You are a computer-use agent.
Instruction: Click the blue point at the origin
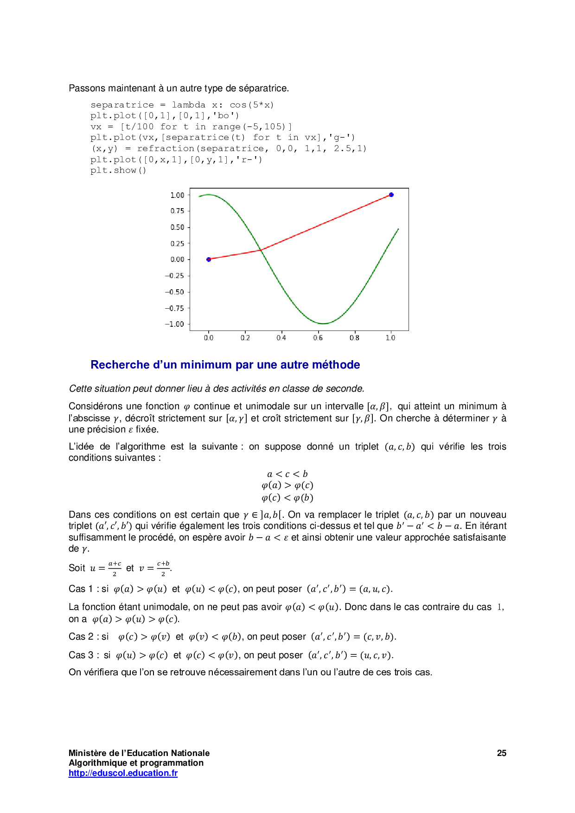[209, 259]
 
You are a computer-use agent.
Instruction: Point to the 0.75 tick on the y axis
[177, 211]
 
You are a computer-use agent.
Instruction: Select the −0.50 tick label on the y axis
[174, 292]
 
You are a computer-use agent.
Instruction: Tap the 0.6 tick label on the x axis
[318, 338]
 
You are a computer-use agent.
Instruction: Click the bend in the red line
[261, 250]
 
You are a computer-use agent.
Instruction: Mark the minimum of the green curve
[323, 324]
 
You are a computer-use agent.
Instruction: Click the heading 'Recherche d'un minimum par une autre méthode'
[225, 365]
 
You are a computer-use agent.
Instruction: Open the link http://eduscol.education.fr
[123, 773]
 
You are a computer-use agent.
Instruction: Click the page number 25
[501, 753]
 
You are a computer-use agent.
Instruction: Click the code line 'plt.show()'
[118, 170]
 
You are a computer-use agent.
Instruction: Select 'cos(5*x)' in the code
[252, 105]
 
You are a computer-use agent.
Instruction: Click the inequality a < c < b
[287, 474]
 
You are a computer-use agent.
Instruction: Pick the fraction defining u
[115, 568]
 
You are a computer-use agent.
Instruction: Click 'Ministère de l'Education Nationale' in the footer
[139, 753]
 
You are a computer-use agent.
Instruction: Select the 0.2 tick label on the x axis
[245, 338]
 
